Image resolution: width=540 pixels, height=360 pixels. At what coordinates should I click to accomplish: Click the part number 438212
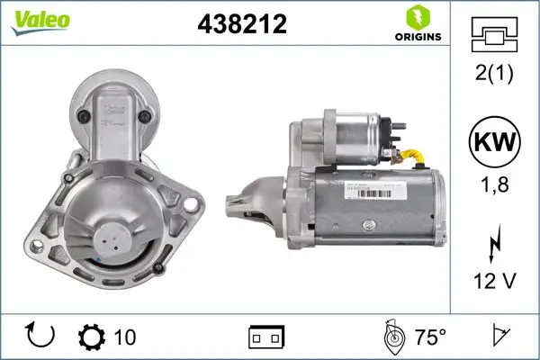pos(241,26)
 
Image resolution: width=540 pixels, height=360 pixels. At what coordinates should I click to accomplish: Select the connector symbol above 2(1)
pos(495,35)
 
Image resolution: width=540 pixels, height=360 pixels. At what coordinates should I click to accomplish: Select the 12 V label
pos(495,282)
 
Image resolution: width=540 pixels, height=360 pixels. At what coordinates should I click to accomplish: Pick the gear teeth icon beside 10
pos(93,337)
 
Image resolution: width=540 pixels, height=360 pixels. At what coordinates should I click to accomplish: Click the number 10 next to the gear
pos(126,337)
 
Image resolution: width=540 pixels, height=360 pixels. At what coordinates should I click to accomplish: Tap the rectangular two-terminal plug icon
pos(266,337)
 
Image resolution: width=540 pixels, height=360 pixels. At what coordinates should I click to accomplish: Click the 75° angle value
pos(429,337)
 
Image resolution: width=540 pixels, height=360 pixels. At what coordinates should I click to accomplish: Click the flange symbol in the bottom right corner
pos(499,337)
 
